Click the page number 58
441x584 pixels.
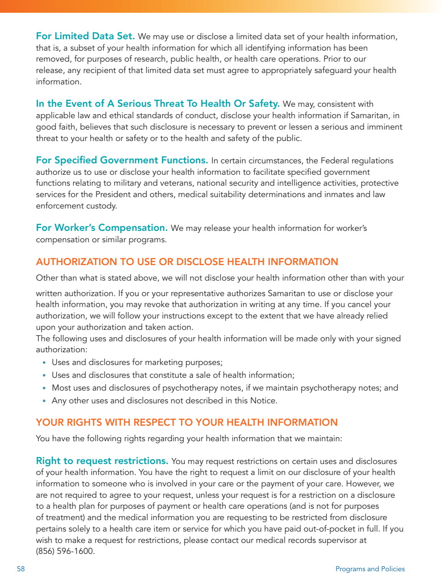[21, 569]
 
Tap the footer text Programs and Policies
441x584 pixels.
[370, 569]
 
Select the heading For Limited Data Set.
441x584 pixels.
[85, 36]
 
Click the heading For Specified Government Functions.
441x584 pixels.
[122, 160]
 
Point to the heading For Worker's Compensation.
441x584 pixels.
[101, 228]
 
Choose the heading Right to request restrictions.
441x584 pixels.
[102, 461]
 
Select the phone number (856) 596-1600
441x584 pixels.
[65, 551]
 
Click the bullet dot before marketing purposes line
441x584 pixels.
[44, 363]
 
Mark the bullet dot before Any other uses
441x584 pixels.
[44, 401]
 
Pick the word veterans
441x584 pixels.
[176, 183]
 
